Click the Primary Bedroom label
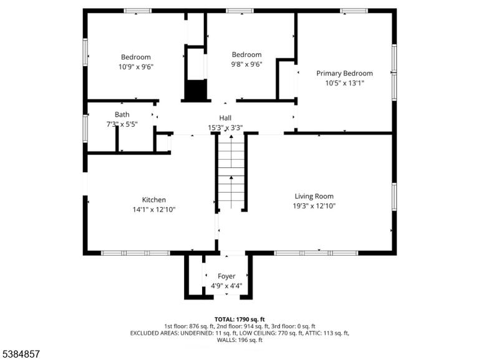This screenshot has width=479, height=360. pyautogui.click(x=344, y=74)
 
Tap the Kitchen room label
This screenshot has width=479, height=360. pyautogui.click(x=154, y=200)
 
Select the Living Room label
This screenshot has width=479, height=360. pyautogui.click(x=314, y=196)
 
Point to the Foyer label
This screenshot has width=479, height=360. pyautogui.click(x=226, y=276)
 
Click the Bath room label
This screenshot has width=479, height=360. pyautogui.click(x=122, y=115)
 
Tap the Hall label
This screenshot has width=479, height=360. pyautogui.click(x=225, y=118)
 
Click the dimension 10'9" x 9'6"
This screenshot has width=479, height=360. pyautogui.click(x=136, y=67)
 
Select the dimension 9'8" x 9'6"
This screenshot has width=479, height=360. pyautogui.click(x=246, y=64)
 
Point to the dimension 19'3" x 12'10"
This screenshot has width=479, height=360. pyautogui.click(x=314, y=206)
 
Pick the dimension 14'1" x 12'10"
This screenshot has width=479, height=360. pyautogui.click(x=154, y=210)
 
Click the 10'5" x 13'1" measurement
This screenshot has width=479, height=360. pyautogui.click(x=344, y=83)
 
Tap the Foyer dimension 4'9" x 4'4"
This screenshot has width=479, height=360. pyautogui.click(x=226, y=286)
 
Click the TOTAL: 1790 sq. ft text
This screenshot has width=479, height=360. pyautogui.click(x=239, y=319)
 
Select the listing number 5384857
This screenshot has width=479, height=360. pyautogui.click(x=20, y=354)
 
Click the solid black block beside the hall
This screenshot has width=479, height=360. pyautogui.click(x=195, y=90)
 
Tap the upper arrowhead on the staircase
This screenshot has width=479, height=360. pyautogui.click(x=231, y=136)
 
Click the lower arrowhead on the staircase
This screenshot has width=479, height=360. pyautogui.click(x=231, y=177)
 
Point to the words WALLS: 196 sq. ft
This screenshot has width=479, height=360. pyautogui.click(x=239, y=340)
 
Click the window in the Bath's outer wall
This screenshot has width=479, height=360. pyautogui.click(x=85, y=129)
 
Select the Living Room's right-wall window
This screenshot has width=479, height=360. pyautogui.click(x=394, y=197)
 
